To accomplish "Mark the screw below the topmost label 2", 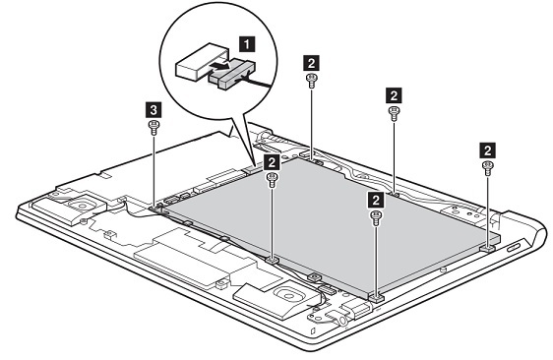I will click(312, 82).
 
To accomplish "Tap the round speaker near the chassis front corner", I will click(284, 291).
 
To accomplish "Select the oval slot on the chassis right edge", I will click(515, 254).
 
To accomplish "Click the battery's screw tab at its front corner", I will click(376, 294).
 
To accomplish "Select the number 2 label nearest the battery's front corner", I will click(375, 200).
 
